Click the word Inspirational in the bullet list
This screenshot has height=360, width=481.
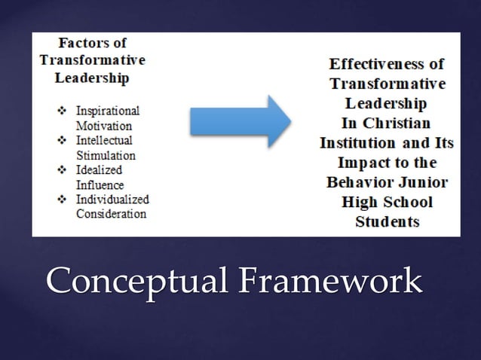(x=108, y=110)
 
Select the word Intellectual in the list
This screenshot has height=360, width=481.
(x=104, y=140)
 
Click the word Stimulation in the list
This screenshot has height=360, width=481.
(x=105, y=155)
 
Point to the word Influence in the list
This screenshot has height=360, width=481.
(x=100, y=185)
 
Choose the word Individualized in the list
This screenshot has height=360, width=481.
(x=112, y=200)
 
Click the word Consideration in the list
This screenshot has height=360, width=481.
(x=110, y=215)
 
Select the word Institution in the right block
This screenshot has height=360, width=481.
(x=356, y=142)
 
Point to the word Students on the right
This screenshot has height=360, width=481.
(x=387, y=221)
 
